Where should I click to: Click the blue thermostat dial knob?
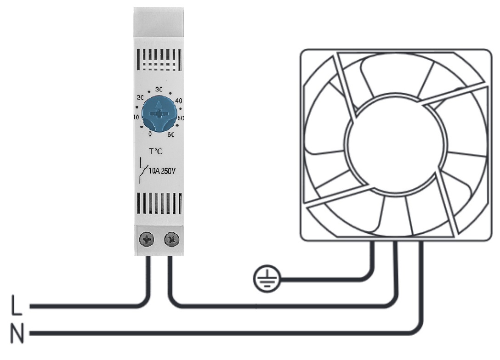click(159, 113)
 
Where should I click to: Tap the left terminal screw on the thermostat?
click(147, 239)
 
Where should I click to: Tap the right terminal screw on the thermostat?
click(171, 239)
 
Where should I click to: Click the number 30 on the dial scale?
click(159, 90)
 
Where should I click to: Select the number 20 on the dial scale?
click(140, 97)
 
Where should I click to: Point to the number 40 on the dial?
click(179, 101)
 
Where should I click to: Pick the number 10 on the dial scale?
click(136, 117)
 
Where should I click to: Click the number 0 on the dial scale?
click(150, 134)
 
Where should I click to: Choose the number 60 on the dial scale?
click(170, 135)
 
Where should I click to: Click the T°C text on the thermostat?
click(156, 152)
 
